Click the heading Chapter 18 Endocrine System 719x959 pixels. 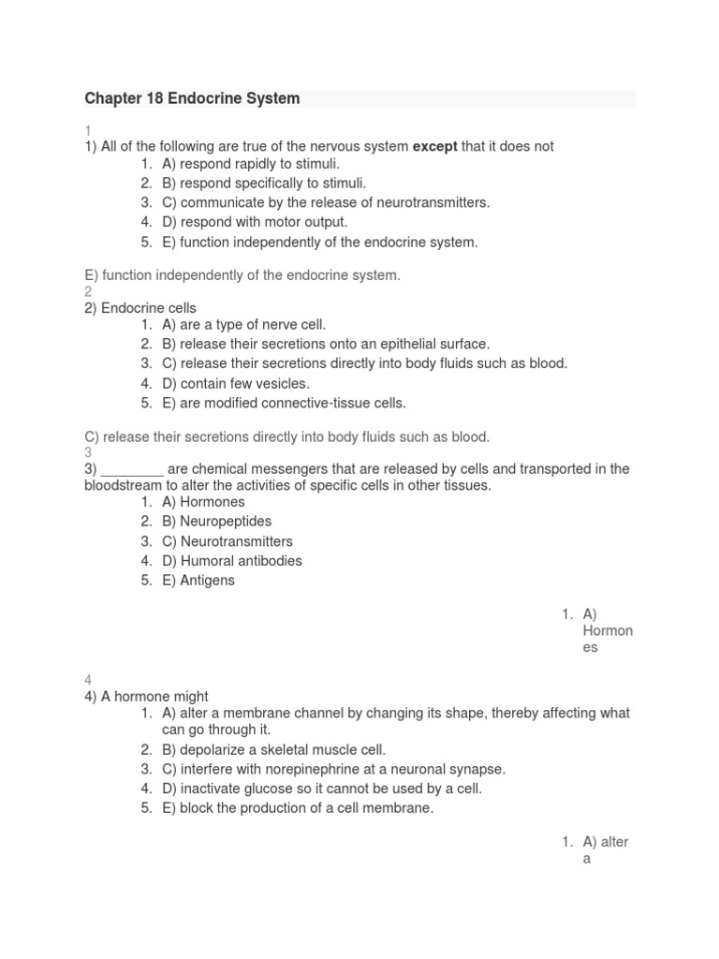(192, 98)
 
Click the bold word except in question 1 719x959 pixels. (434, 146)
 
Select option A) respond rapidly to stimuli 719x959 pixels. (250, 164)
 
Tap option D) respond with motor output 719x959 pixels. (255, 222)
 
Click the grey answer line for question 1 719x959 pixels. (242, 274)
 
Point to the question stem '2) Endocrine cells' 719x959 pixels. (140, 307)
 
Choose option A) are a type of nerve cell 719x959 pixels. (243, 325)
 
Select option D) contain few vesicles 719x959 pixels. (235, 383)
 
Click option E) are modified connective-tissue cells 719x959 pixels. (284, 403)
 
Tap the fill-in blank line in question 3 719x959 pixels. (132, 469)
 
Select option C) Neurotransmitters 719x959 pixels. (227, 541)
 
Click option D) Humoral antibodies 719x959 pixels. (231, 561)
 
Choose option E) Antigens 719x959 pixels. (198, 580)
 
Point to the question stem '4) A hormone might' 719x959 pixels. (147, 696)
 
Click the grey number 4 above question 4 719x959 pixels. (88, 680)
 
